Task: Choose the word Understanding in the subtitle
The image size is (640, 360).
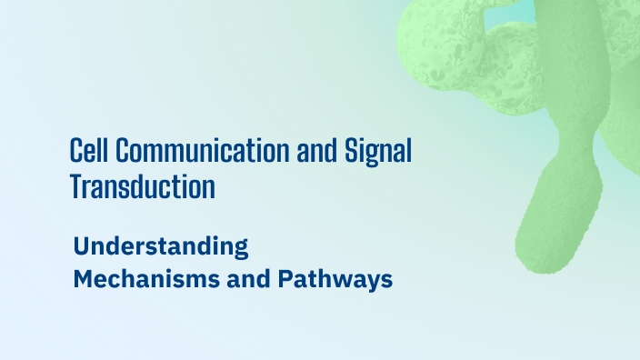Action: point(161,247)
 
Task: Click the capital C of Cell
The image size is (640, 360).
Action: point(76,152)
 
